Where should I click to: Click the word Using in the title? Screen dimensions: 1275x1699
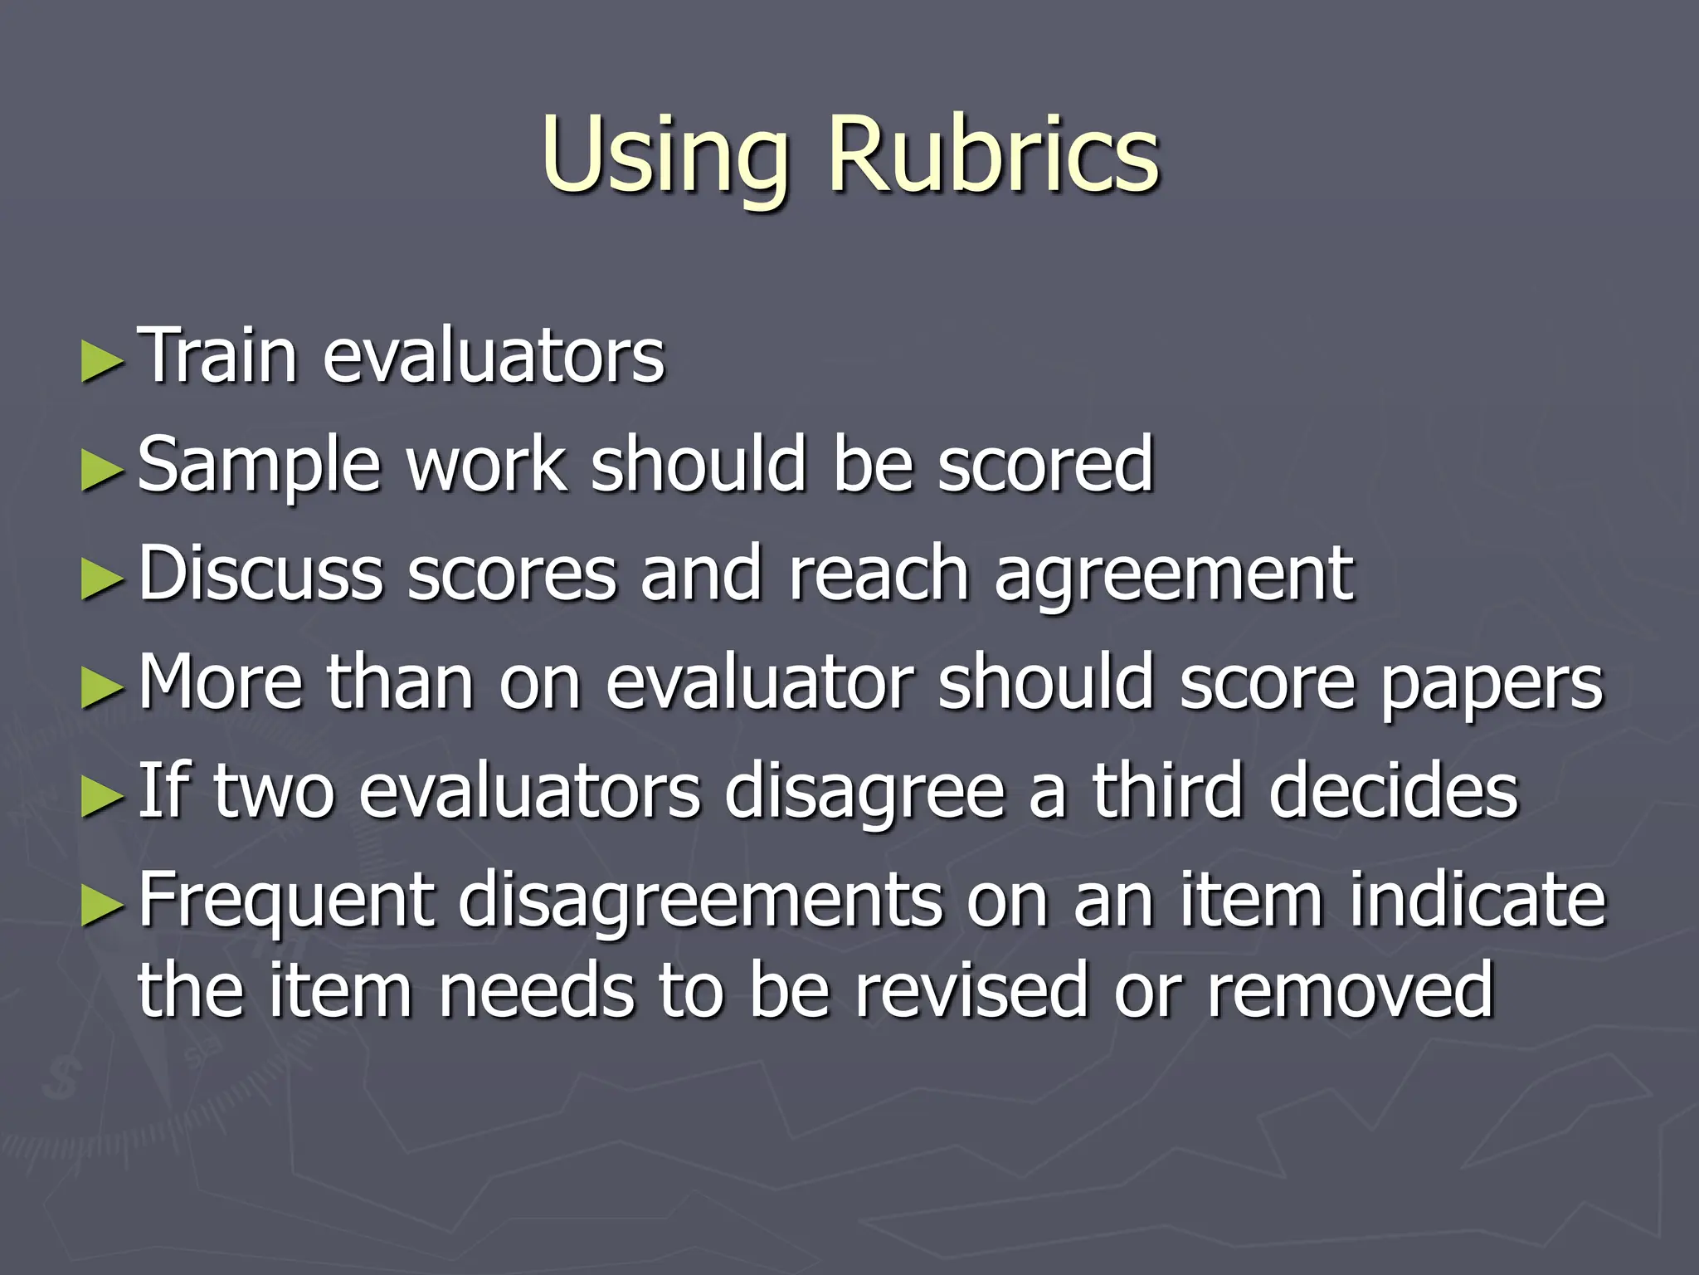664,156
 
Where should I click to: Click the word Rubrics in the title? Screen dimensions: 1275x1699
993,154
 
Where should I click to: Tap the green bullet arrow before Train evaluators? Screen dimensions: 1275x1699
103,363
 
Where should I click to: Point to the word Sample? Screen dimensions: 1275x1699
259,466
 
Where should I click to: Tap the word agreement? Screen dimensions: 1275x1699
1174,574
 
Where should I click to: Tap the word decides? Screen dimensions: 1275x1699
1394,790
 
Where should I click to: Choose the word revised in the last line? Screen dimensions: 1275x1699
971,989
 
